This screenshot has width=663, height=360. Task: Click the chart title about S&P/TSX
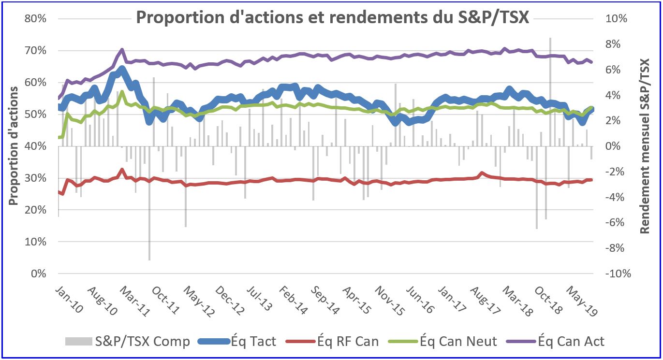pyautogui.click(x=333, y=17)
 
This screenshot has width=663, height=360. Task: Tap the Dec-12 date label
pyautogui.click(x=230, y=300)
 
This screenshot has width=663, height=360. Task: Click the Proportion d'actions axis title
pyautogui.click(x=14, y=146)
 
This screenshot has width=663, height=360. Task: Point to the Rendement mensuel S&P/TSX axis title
pyautogui.click(x=645, y=146)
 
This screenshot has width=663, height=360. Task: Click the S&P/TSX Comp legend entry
pyautogui.click(x=128, y=341)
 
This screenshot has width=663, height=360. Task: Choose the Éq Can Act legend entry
pyautogui.click(x=556, y=341)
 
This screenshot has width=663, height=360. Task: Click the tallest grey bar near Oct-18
pyautogui.click(x=550, y=92)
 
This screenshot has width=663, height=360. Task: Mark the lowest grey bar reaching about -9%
pyautogui.click(x=149, y=203)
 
